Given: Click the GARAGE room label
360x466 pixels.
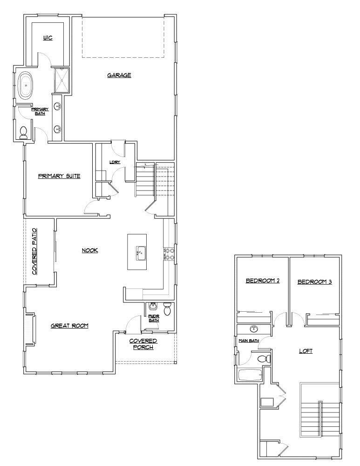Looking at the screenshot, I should [x=119, y=75].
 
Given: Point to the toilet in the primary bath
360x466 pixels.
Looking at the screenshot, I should [x=24, y=133].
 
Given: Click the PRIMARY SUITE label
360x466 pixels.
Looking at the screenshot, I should [x=59, y=176].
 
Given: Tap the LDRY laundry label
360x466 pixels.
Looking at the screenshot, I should [x=115, y=162].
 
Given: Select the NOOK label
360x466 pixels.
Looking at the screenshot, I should [x=89, y=250].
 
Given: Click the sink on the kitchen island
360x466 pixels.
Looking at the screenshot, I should [x=140, y=254].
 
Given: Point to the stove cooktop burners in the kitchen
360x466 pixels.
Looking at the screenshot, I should [x=170, y=254].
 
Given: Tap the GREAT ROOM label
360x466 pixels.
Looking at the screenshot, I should [x=69, y=326].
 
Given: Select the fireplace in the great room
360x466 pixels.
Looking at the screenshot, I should [x=29, y=329].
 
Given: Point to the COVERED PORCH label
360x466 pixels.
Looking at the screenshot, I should [x=143, y=344].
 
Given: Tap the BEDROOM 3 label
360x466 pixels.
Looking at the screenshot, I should [x=314, y=281].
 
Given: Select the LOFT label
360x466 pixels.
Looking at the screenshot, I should [x=306, y=351].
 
